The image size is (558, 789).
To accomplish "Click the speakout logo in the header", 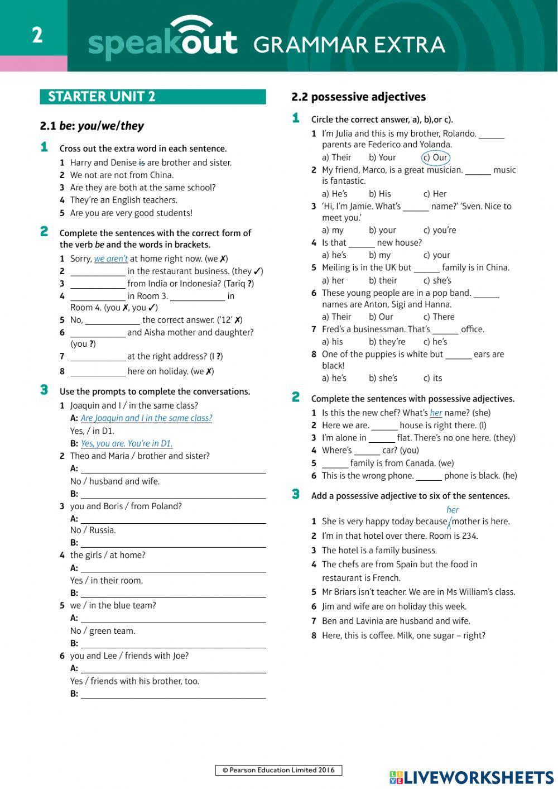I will tap(162, 39).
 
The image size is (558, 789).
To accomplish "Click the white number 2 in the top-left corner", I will tap(37, 35).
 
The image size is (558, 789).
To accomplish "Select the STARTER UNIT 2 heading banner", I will tap(152, 97).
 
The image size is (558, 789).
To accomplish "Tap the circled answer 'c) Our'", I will tap(436, 157).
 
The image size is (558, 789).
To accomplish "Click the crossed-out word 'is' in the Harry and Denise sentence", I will tap(142, 162).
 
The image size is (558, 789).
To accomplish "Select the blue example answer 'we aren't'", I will tap(111, 259).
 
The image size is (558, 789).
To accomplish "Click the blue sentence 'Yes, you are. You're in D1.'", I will tap(127, 443).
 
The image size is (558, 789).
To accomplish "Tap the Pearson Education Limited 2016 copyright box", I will tap(278, 770).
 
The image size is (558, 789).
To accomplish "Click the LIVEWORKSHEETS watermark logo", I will tap(472, 777).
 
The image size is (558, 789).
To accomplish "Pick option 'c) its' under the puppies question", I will tap(432, 378).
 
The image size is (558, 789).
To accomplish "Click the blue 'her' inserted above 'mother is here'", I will tap(453, 510).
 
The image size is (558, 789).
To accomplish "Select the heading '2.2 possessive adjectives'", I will tap(358, 97).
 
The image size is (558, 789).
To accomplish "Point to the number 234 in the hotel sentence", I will tap(469, 536).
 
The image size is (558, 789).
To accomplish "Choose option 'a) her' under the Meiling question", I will tap(333, 280).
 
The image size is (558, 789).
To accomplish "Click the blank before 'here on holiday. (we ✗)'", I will tap(98, 371).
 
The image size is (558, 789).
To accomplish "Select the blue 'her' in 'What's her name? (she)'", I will tap(436, 413).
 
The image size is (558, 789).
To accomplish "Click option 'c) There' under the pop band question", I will tap(439, 317).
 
